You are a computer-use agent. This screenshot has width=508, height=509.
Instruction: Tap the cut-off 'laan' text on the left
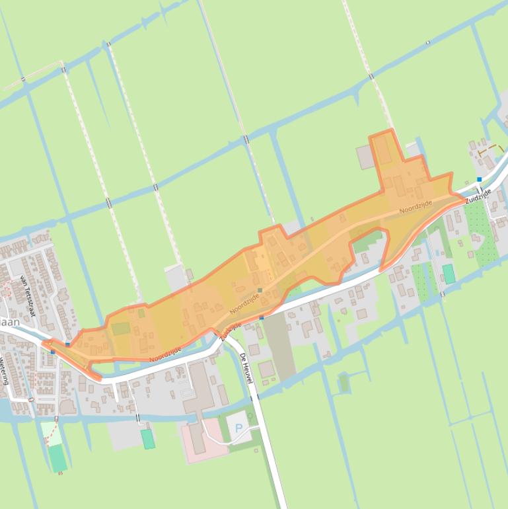[9, 323]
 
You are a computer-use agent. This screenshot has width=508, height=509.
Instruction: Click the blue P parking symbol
[238, 428]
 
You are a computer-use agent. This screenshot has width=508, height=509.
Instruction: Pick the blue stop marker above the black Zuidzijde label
[480, 179]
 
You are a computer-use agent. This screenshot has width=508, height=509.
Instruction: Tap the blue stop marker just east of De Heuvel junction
[262, 318]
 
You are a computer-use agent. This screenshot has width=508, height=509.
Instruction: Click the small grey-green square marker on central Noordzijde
[260, 290]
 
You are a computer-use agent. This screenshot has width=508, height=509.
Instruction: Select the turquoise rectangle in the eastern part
[449, 274]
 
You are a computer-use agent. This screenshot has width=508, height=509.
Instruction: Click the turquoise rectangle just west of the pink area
[148, 438]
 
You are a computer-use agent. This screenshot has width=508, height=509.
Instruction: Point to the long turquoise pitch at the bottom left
[58, 457]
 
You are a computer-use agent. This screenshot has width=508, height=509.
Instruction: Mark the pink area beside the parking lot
[203, 438]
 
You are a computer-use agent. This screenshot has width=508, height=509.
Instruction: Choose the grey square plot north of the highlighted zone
[365, 157]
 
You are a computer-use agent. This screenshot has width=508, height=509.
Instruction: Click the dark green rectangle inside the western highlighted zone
[121, 329]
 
